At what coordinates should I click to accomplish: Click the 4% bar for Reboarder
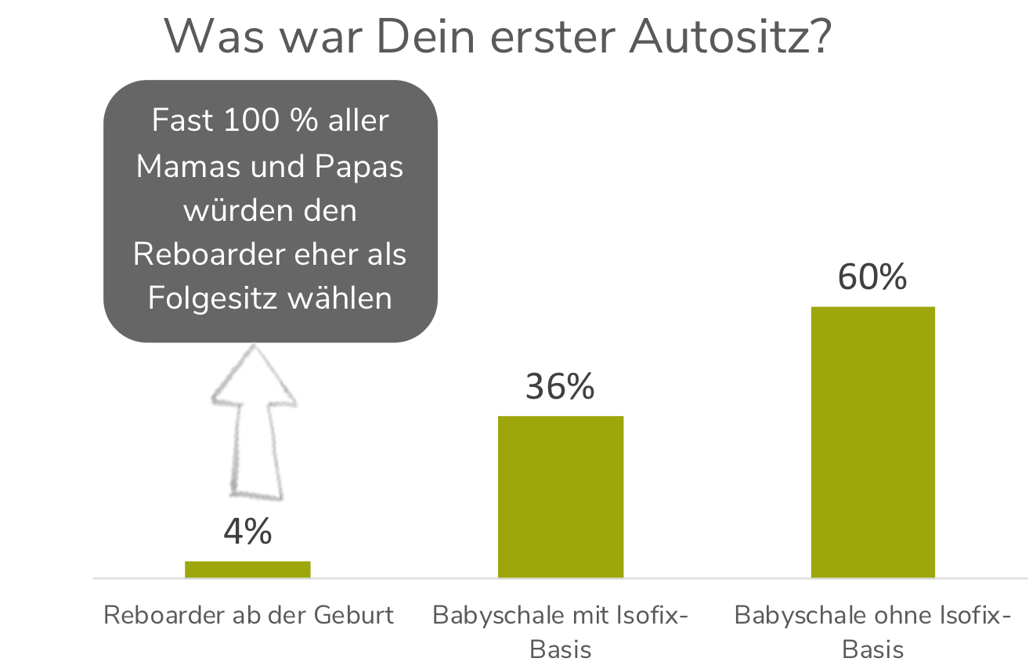click(247, 570)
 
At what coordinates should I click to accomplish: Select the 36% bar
click(561, 497)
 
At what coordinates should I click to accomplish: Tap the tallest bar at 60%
click(872, 442)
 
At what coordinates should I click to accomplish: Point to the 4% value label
click(247, 533)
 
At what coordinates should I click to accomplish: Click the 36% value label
click(560, 387)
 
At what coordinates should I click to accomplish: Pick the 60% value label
click(872, 278)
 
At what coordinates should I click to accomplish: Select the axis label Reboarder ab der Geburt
click(248, 615)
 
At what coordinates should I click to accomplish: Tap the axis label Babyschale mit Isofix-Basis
click(561, 631)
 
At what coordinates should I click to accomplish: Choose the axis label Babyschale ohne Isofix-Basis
click(872, 631)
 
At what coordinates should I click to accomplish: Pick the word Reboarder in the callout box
click(206, 255)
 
